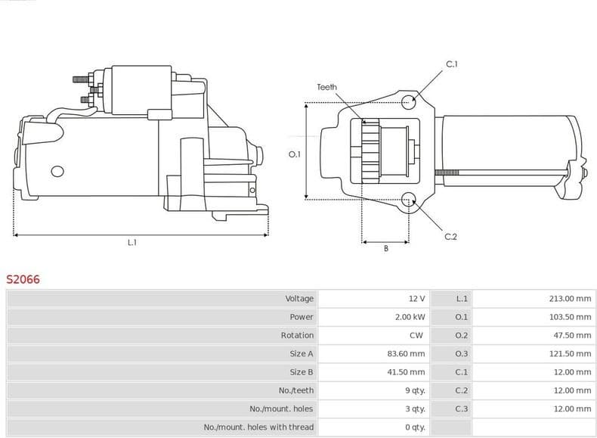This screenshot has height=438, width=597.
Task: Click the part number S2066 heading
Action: pyautogui.click(x=23, y=279)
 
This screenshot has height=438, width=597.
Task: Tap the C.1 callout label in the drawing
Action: pyautogui.click(x=452, y=64)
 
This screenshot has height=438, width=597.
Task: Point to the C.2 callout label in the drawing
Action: pyautogui.click(x=450, y=237)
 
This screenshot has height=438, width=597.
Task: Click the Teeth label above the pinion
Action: pyautogui.click(x=326, y=88)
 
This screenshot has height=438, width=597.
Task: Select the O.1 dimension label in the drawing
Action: pyautogui.click(x=295, y=154)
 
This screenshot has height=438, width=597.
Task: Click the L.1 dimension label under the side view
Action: pyautogui.click(x=131, y=242)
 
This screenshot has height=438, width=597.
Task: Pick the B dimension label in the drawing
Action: pyautogui.click(x=385, y=249)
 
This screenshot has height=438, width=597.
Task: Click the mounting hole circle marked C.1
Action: pyautogui.click(x=408, y=101)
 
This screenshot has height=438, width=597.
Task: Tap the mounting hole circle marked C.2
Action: pyautogui.click(x=409, y=200)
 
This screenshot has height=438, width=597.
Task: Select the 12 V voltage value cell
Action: pyautogui.click(x=416, y=299)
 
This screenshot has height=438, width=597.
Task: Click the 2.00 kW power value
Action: pyautogui.click(x=410, y=317)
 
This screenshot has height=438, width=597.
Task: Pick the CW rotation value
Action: pyautogui.click(x=416, y=335)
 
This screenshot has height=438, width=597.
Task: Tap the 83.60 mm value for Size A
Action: pyautogui.click(x=407, y=353)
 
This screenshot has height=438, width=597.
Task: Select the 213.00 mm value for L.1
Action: pyautogui.click(x=570, y=299)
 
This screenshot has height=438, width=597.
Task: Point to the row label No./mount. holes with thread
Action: pyautogui.click(x=258, y=427)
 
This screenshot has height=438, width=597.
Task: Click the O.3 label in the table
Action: pyautogui.click(x=462, y=353)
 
